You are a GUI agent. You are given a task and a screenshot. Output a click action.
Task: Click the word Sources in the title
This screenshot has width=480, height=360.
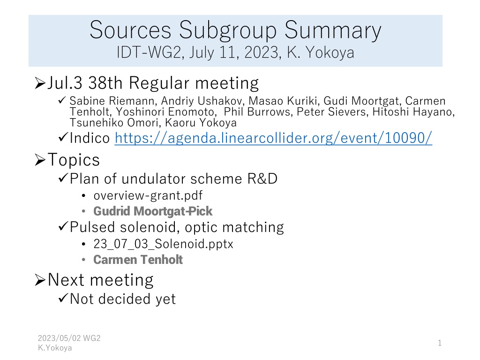tap(130, 30)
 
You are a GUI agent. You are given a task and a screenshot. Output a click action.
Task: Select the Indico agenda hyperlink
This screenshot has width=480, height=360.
tap(273, 138)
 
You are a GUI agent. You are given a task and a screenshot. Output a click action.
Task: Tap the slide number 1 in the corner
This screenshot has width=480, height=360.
tap(440, 343)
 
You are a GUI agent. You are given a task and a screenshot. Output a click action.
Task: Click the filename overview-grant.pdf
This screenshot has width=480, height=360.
tap(148, 195)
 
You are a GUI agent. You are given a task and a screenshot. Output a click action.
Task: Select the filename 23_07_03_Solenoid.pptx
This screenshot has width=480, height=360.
tap(163, 244)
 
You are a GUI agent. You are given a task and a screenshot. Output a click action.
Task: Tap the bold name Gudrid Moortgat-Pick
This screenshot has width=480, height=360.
tap(153, 211)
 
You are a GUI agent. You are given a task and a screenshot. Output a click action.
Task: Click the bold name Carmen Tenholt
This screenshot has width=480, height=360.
tap(138, 260)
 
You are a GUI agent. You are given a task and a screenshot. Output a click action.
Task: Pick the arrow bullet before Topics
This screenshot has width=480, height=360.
tap(40, 160)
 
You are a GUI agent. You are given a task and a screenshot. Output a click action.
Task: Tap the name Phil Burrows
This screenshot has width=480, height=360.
tap(257, 112)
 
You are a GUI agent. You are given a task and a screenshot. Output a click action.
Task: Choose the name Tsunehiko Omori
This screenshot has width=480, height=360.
tap(114, 123)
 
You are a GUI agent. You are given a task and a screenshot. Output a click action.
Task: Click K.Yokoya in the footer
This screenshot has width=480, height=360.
tap(55, 348)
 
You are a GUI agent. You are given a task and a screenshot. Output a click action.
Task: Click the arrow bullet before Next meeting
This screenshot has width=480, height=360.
tap(40, 280)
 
